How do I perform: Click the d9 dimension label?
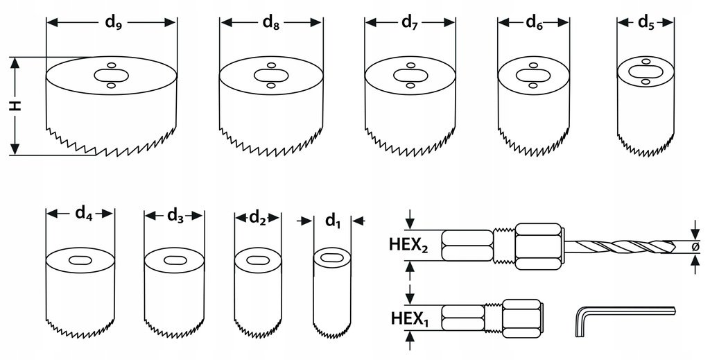(114, 22)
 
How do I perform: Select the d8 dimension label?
(271, 22)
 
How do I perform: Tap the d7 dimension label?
(410, 22)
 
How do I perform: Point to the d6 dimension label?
(534, 22)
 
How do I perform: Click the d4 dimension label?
(83, 213)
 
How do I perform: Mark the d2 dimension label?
(258, 217)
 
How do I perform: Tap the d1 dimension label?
(333, 221)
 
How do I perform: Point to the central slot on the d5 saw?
(645, 71)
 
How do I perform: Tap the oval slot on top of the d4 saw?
(80, 260)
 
